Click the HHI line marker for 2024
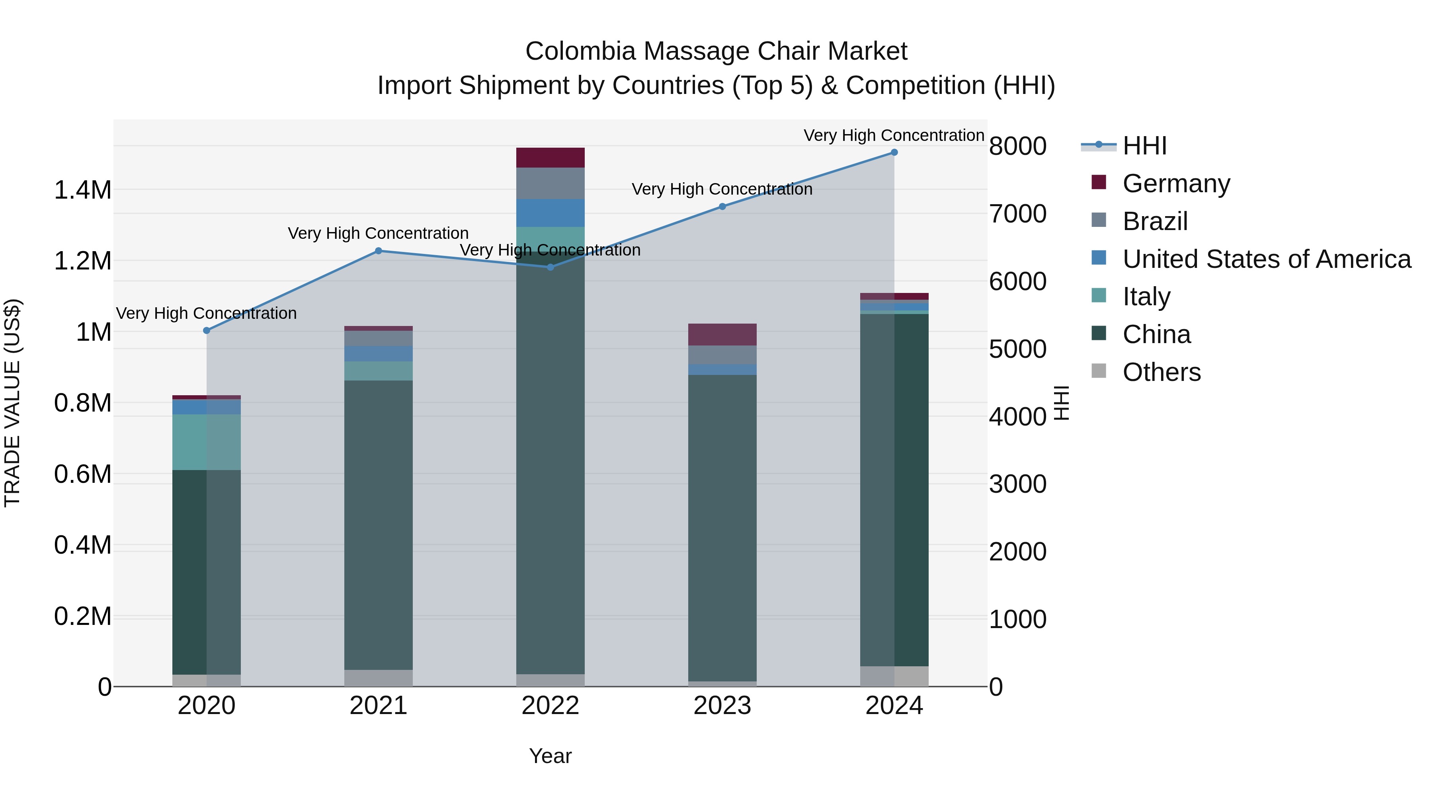coord(894,152)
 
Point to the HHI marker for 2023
coord(722,206)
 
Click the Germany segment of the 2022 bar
coord(550,157)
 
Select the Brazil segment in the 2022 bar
coord(550,183)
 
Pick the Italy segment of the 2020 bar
coord(206,442)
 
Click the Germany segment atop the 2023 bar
coord(722,334)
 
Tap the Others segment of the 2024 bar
coord(894,676)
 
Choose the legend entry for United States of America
coord(1266,259)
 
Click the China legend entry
coord(1156,334)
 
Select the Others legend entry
coord(1161,372)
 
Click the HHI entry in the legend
coord(1144,146)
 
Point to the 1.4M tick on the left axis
coord(83,190)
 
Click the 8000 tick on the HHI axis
coord(1017,146)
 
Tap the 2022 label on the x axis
coord(550,706)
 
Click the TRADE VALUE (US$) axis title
coord(12,403)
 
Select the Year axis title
coord(550,756)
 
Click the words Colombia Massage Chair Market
coord(716,51)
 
